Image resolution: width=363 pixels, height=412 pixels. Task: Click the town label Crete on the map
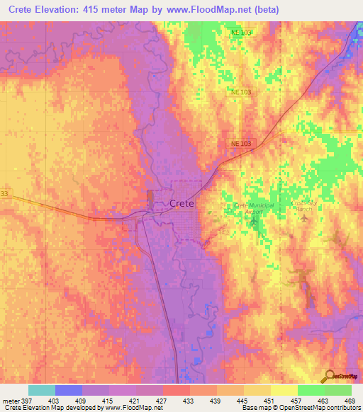(182, 203)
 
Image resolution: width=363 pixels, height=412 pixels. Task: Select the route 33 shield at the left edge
(4, 193)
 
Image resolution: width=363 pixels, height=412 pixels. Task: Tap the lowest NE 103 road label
(241, 143)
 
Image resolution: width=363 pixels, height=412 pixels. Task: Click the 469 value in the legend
(350, 401)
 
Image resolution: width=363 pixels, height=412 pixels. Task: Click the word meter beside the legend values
(10, 401)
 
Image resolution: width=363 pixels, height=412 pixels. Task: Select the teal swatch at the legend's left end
(42, 390)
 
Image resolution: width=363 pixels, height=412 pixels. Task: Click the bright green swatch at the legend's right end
(337, 390)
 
